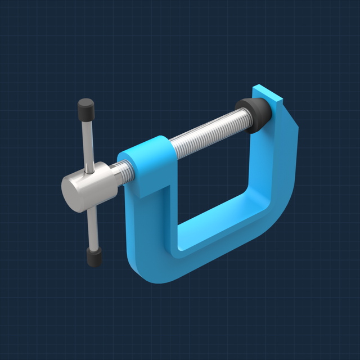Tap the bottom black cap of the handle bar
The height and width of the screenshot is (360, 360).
(x=93, y=258)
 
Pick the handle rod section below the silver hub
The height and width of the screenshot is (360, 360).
(x=92, y=225)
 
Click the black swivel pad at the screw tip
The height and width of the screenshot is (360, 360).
(x=253, y=112)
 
